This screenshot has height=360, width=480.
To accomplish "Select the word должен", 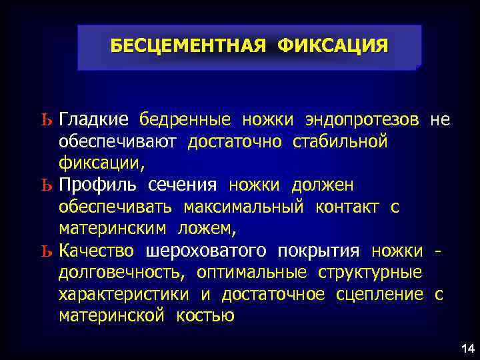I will (x=323, y=185).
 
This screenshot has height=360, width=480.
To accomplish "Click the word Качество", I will (x=96, y=251).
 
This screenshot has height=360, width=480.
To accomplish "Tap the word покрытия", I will (x=319, y=251).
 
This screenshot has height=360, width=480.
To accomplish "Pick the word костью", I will (x=205, y=316).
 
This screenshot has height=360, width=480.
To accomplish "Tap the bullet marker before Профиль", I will (x=45, y=185).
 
